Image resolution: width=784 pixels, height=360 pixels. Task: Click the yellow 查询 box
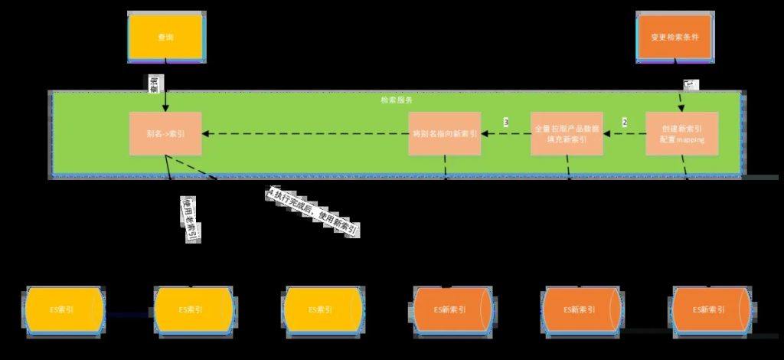coord(165,37)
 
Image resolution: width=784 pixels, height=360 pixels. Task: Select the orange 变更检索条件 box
coord(675,37)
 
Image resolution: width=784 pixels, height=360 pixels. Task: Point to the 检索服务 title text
coord(397,100)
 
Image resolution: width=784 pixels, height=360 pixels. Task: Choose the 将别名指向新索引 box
coord(445,133)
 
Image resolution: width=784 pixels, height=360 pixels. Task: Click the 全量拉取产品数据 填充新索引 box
coord(567,133)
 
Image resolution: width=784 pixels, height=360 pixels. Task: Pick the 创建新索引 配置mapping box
coord(681,133)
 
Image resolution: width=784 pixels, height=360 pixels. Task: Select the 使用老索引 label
coord(189,220)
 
